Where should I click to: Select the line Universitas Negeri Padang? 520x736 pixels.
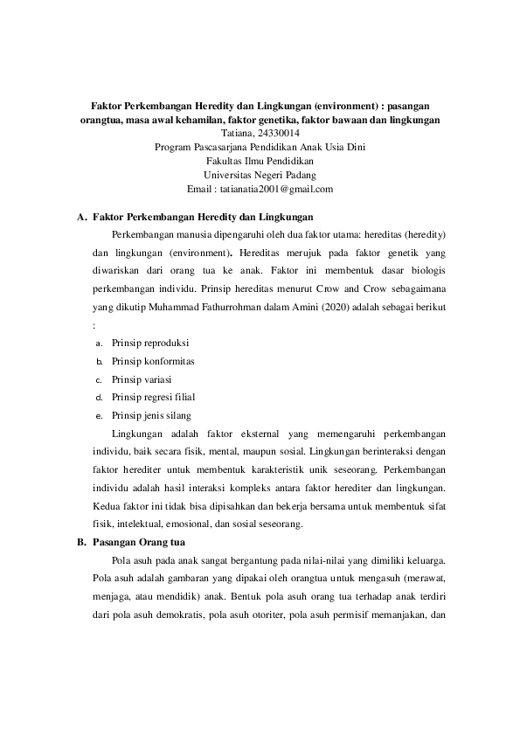pyautogui.click(x=260, y=175)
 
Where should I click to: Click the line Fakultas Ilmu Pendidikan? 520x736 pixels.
pyautogui.click(x=260, y=161)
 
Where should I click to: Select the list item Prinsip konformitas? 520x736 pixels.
pyautogui.click(x=153, y=361)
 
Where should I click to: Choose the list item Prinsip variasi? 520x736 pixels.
pyautogui.click(x=142, y=379)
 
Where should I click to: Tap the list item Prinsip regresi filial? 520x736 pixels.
pyautogui.click(x=154, y=398)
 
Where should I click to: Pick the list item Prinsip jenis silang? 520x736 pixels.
pyautogui.click(x=151, y=415)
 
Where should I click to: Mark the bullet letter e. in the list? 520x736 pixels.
pyautogui.click(x=100, y=416)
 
